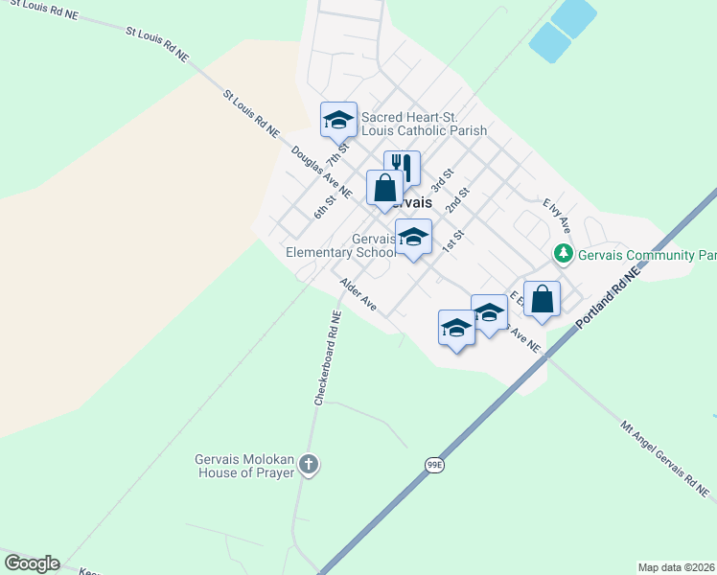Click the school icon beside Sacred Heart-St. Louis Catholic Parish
338,120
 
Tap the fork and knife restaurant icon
402,169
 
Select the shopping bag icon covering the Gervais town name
384,188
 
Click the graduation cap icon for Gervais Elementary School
413,238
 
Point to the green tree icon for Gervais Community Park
564,254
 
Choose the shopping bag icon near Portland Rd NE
542,299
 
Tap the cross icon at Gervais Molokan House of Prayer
309,466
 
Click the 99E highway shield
435,465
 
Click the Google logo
32,563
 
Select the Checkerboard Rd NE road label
327,356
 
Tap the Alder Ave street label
358,294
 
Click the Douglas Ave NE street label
321,172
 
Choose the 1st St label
451,241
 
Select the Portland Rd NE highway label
609,300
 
